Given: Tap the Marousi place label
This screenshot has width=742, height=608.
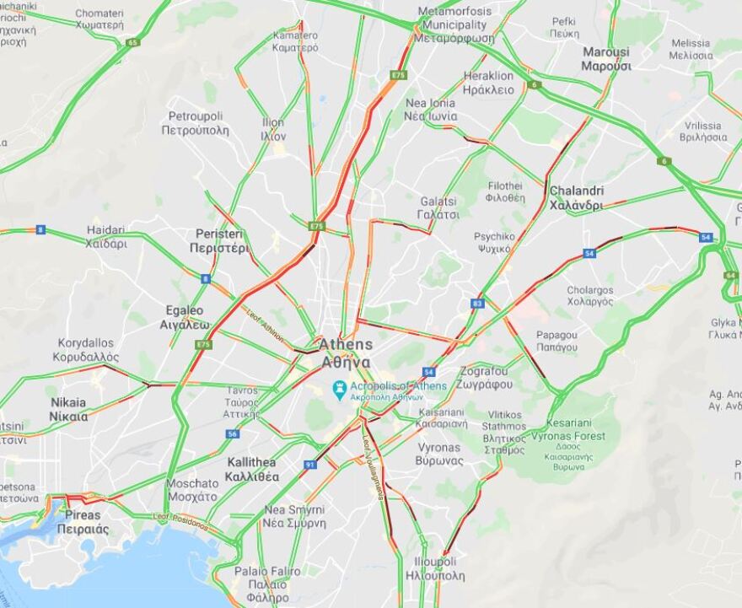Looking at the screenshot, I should (605, 59).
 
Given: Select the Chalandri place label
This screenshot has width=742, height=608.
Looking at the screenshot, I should (576, 197).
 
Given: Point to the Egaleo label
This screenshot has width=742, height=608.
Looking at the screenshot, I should (185, 316).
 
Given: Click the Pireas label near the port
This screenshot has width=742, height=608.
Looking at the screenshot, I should (83, 521).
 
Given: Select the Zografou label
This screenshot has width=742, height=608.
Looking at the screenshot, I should (487, 377).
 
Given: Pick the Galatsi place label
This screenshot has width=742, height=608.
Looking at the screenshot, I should (439, 207).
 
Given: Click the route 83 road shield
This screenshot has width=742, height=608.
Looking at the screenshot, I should (478, 303).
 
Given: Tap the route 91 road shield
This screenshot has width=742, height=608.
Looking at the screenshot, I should (310, 465).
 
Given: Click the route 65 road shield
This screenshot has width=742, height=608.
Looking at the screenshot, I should (132, 42).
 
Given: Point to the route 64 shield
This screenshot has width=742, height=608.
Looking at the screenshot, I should (730, 275).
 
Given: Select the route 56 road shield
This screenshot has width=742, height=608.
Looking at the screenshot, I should (233, 433).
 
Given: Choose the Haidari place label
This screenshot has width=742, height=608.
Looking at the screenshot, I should (106, 237).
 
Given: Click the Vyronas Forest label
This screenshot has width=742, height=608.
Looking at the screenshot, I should (576, 436).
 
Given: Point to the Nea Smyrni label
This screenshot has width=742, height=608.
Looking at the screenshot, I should (294, 516).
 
